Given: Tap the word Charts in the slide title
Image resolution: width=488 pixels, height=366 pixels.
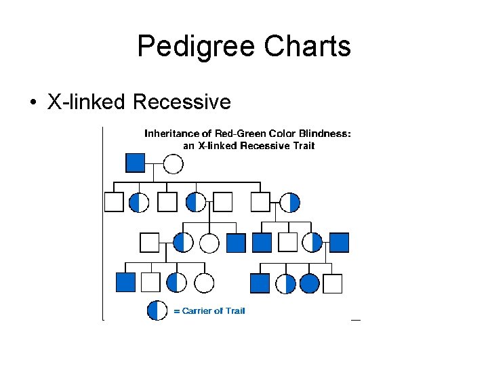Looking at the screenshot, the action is point(308,46).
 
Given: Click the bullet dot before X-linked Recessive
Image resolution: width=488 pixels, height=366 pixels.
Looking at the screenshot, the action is point(32,103).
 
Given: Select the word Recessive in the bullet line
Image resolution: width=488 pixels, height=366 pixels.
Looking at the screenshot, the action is point(182,102).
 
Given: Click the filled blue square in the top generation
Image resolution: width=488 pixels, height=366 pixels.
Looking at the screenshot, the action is point(136,163).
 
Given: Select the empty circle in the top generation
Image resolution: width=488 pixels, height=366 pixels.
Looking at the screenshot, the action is point(174,163).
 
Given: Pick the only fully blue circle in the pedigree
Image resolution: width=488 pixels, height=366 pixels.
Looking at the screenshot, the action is point(310,283).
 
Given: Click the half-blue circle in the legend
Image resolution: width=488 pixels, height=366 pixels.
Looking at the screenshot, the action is point(157,310).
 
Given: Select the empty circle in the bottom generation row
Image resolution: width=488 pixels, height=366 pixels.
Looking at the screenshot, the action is point(204,283).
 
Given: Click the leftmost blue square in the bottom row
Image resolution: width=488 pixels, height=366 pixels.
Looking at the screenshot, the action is point(125,283).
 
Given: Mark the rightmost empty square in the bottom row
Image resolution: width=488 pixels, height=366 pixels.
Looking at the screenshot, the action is point(333,283).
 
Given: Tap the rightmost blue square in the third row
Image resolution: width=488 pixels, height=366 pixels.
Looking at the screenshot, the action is point(339,243).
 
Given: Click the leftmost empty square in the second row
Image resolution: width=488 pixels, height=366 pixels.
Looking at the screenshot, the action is point(114,202).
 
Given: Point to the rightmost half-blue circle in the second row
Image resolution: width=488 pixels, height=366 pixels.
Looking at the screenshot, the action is point(290,202).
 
